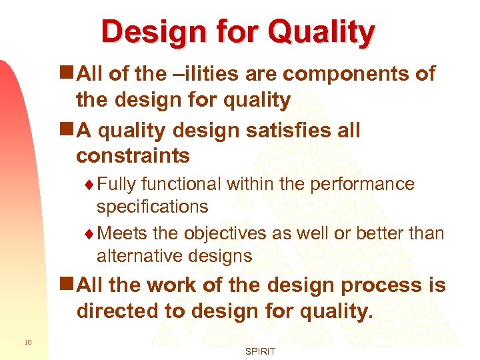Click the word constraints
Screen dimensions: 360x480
pos(133,156)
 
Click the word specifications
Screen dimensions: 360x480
pos(152,207)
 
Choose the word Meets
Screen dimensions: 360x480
pos(121,233)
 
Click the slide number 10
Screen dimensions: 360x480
pos(27,343)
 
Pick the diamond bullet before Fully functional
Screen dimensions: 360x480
pos(91,185)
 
